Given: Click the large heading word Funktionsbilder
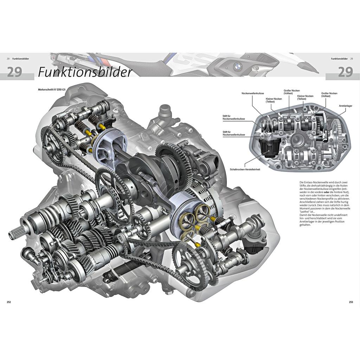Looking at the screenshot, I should [85, 71].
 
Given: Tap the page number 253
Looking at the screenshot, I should [351, 302].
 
